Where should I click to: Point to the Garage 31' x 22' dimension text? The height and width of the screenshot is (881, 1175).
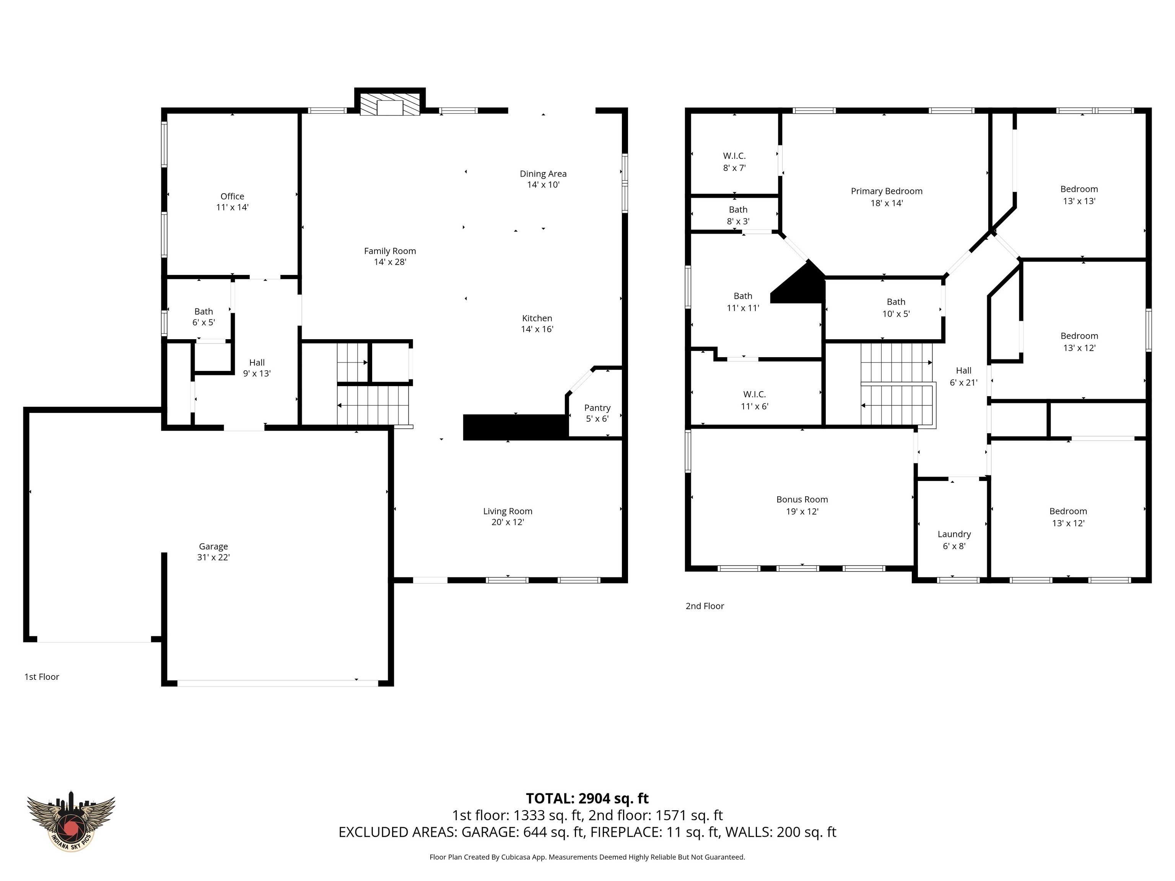[213, 557]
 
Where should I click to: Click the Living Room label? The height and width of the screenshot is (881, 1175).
[507, 511]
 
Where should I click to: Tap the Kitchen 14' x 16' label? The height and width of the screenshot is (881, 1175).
[537, 323]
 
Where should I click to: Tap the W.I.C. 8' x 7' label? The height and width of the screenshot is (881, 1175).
[734, 161]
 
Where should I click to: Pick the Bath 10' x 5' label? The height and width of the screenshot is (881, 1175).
[895, 307]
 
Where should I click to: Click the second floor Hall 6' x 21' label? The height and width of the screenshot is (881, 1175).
[963, 376]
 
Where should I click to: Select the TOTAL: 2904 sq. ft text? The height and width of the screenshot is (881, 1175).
[587, 798]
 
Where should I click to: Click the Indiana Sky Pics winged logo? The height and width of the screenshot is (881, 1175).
[71, 823]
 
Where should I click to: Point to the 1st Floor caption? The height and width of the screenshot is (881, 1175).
[41, 676]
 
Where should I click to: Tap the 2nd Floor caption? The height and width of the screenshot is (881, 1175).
[705, 606]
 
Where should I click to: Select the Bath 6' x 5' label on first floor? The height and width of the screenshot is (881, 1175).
[203, 317]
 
